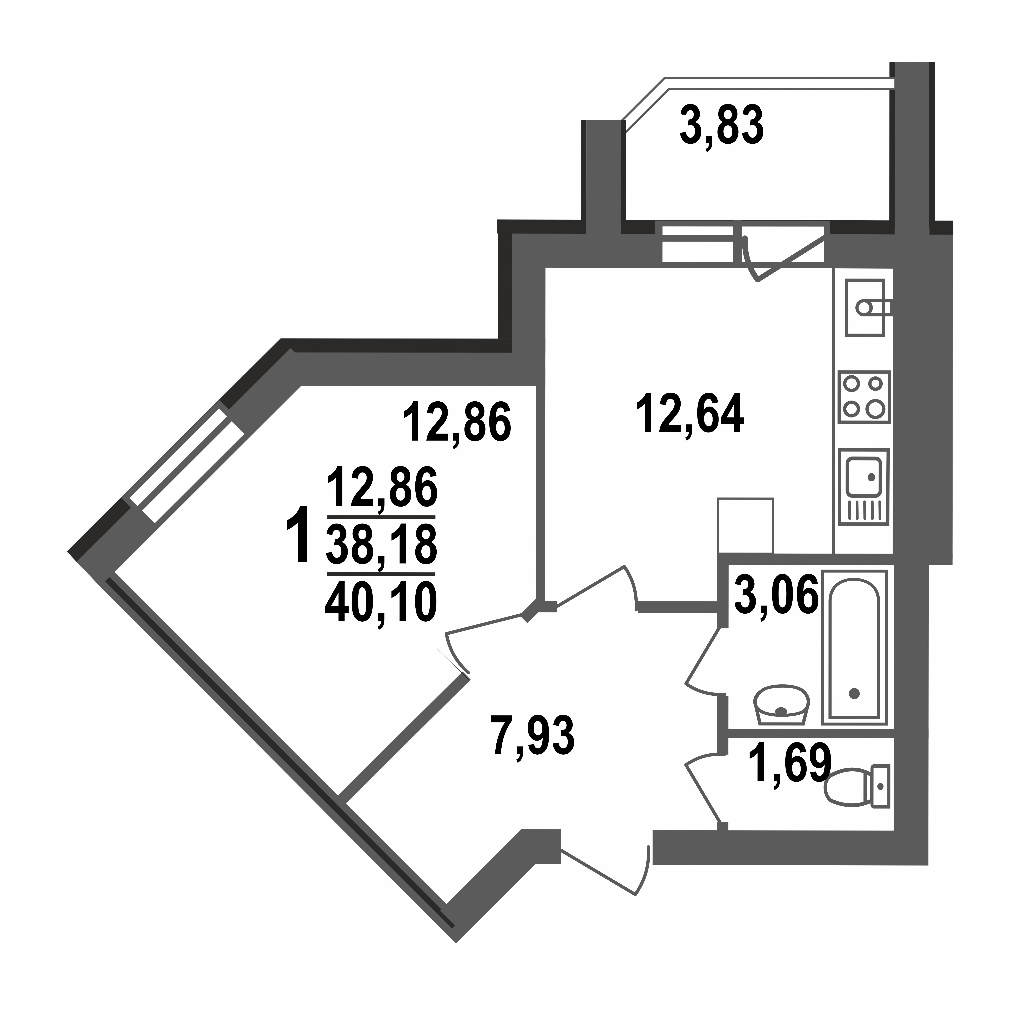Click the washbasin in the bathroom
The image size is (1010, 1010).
click(781, 705)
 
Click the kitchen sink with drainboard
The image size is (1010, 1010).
click(864, 486)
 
